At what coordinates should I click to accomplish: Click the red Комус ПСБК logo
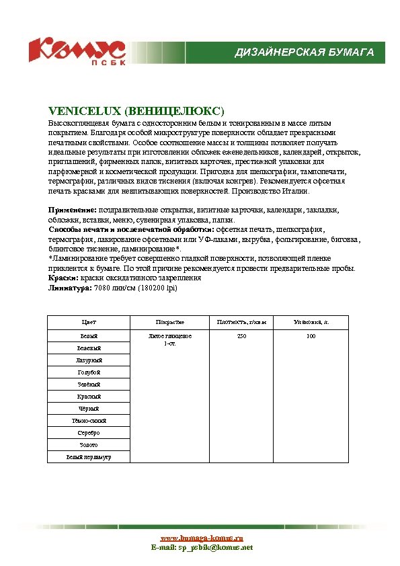tap(76, 51)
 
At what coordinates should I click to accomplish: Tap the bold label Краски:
tap(63, 278)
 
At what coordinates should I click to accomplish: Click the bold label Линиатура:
tap(71, 287)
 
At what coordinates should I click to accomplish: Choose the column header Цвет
tap(88, 323)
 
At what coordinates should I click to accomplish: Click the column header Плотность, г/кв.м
tap(241, 323)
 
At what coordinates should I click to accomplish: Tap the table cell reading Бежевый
tap(88, 348)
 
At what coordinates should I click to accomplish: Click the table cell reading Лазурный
tap(88, 360)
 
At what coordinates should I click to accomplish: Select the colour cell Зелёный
tap(88, 385)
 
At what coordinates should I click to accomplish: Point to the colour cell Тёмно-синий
tap(88, 421)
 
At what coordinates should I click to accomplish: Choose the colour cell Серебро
tap(88, 433)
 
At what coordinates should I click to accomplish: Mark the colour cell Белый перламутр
tap(88, 457)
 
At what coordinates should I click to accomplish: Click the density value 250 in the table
tap(241, 335)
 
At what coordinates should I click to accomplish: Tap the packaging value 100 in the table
tap(311, 335)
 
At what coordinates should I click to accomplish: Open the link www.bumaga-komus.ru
tap(202, 538)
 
